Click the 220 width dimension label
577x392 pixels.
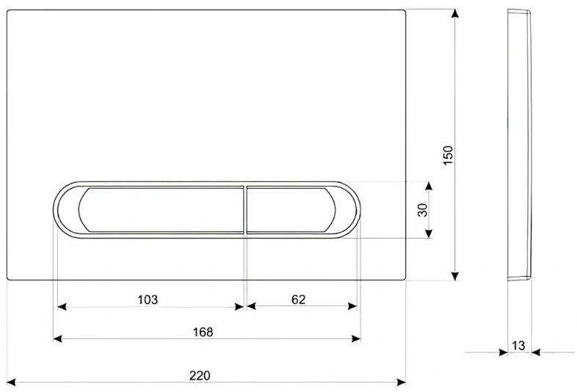click(x=200, y=375)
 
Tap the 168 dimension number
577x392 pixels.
click(x=203, y=332)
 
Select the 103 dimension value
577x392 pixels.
click(x=148, y=300)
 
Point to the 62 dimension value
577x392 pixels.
click(x=299, y=300)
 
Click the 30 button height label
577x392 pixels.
click(x=423, y=210)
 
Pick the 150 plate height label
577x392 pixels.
click(x=448, y=156)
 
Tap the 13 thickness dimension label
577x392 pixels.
click(x=518, y=346)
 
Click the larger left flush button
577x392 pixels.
click(x=161, y=210)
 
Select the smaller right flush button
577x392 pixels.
click(x=291, y=210)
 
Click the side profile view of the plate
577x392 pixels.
click(x=520, y=145)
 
